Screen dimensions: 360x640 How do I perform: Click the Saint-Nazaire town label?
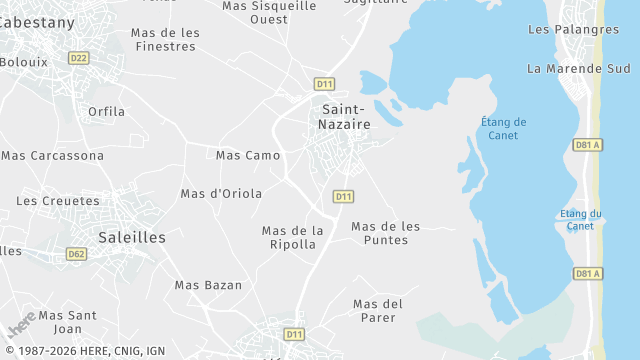[346, 116]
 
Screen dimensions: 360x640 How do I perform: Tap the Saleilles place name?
[132, 237]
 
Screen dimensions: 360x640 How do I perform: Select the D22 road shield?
[79, 58]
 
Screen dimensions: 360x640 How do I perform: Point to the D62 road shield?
[77, 254]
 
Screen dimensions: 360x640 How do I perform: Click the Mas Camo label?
[248, 155]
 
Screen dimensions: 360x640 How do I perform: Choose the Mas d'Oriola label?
[221, 193]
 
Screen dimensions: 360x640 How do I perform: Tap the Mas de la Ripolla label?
[293, 237]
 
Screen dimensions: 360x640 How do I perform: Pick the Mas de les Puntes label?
[386, 233]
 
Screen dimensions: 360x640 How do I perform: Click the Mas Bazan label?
[208, 285]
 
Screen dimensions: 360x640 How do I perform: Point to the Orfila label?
[107, 111]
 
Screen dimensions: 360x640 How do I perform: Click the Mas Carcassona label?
[53, 155]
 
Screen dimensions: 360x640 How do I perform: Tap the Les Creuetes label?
[58, 200]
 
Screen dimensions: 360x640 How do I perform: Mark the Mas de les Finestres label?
[165, 39]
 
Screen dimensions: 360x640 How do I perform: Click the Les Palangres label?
[573, 29]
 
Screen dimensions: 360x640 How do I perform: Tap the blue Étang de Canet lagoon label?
[503, 129]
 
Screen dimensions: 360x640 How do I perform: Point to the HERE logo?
[21, 325]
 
